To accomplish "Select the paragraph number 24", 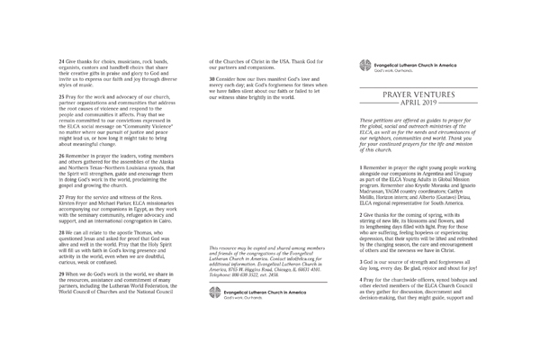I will point(60,59).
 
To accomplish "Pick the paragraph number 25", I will point(60,94).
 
